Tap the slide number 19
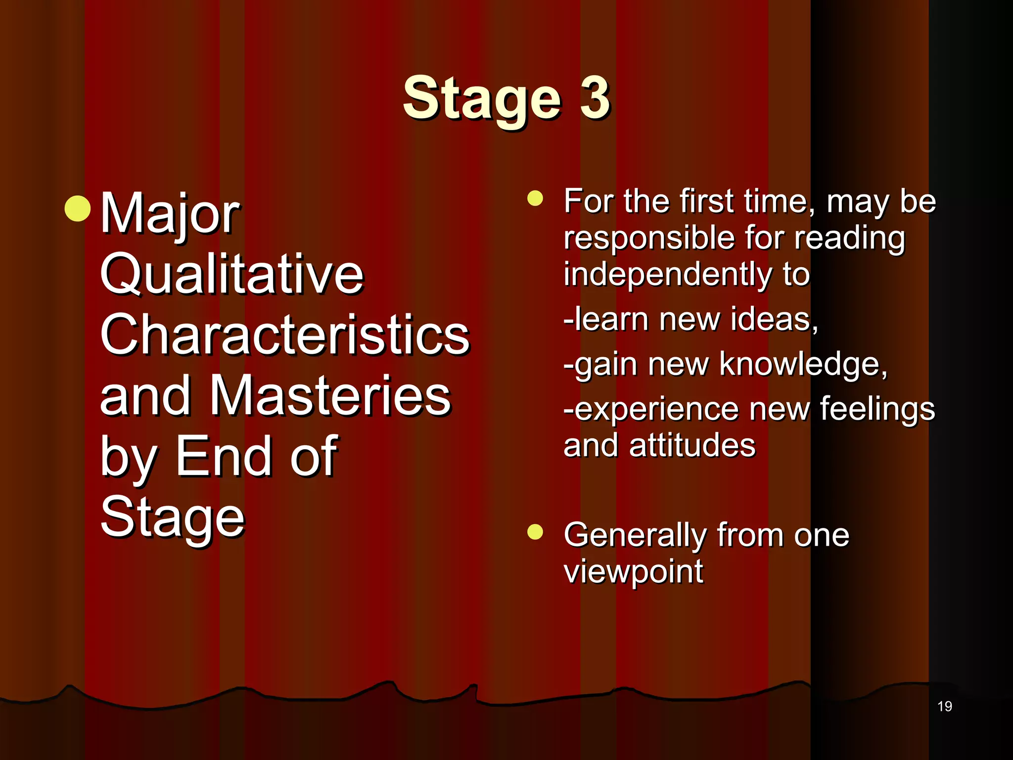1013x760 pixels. tap(944, 706)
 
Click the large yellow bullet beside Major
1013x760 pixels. tap(78, 208)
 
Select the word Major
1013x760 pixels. tap(170, 214)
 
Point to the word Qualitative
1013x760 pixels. tap(231, 274)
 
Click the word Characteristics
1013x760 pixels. tap(284, 335)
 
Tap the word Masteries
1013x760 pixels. tap(330, 396)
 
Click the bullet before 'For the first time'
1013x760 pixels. tap(535, 198)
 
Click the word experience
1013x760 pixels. tap(657, 410)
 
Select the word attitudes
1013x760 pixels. tap(692, 445)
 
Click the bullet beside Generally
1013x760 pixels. tap(535, 532)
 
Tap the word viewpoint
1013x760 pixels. tap(633, 572)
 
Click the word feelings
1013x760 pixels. tap(877, 410)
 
